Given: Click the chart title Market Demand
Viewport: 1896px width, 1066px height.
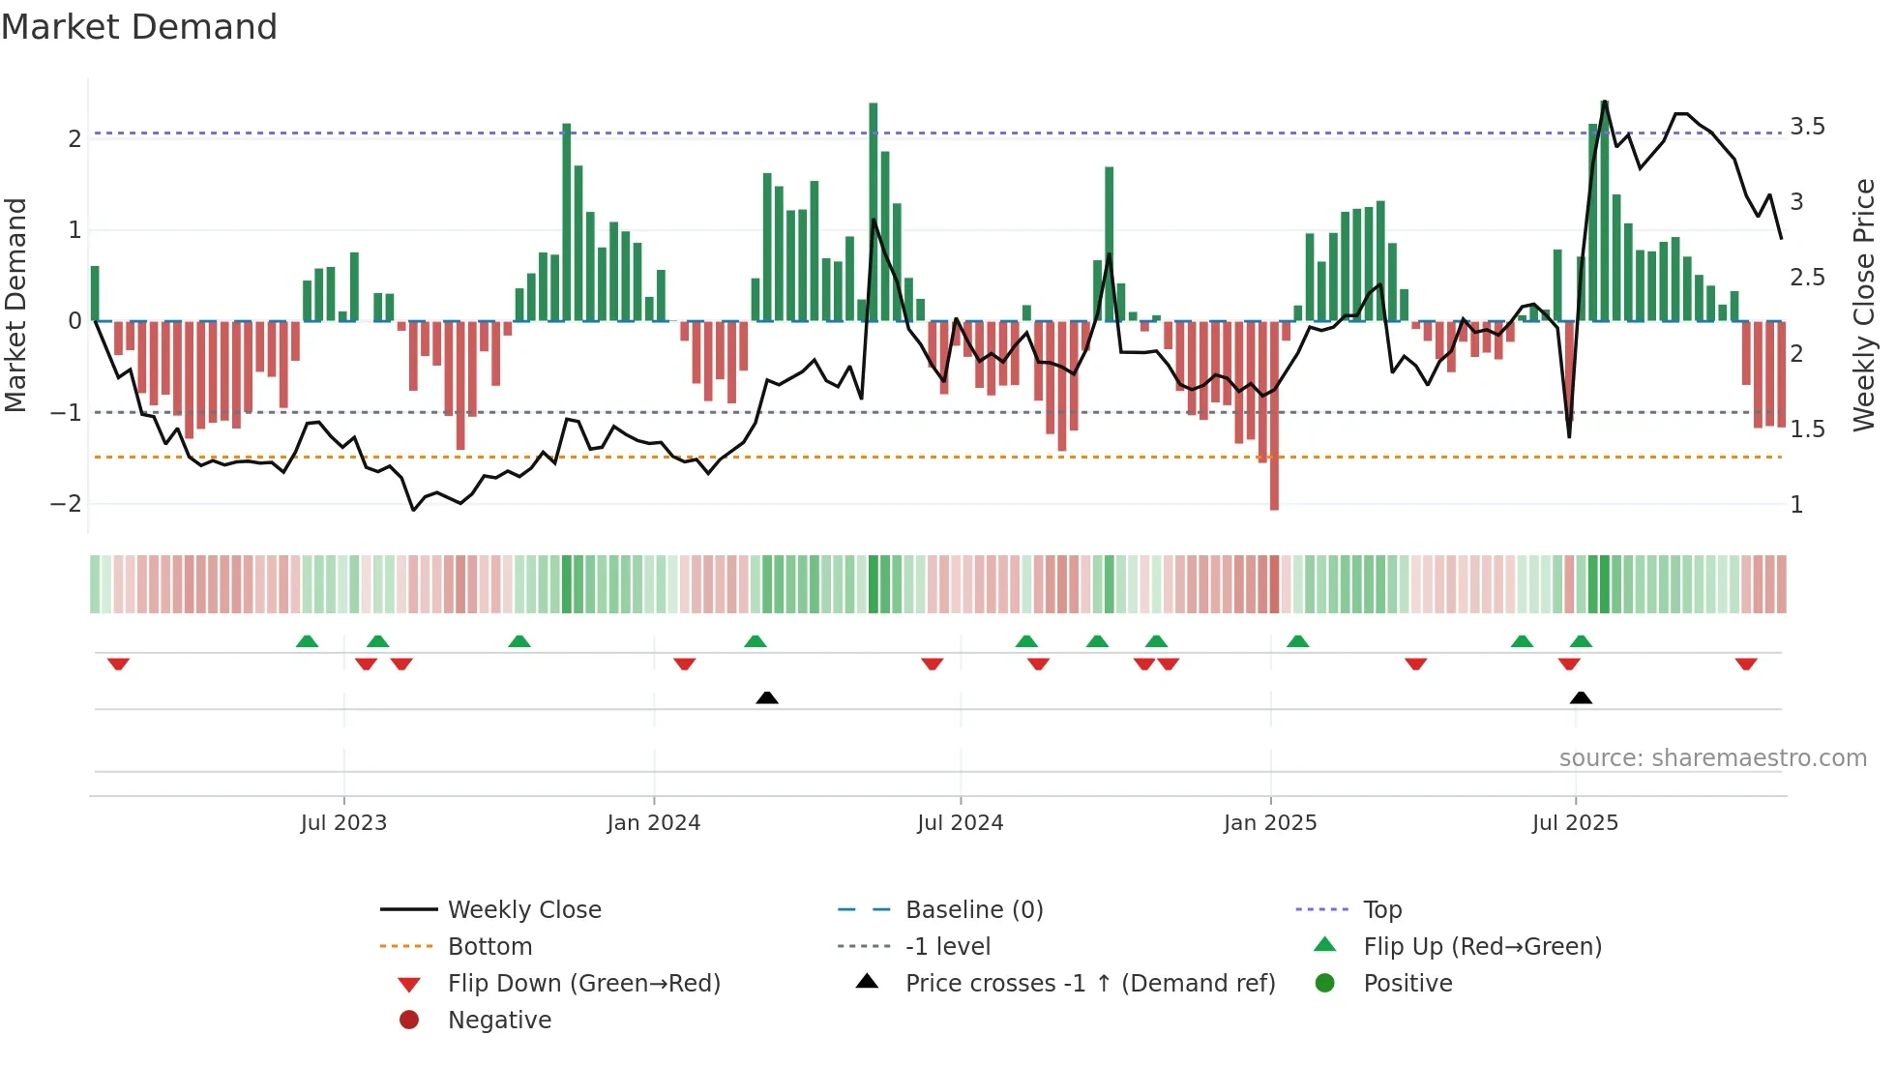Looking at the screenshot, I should click(x=139, y=27).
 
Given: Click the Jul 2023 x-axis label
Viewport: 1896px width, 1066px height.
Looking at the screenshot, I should click(x=343, y=822).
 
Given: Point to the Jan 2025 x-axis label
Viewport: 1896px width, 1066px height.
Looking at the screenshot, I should click(x=1269, y=822).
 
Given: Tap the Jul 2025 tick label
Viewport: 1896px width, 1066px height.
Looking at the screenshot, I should click(x=1575, y=822).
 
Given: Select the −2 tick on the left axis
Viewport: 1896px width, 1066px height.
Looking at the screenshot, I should click(x=66, y=504).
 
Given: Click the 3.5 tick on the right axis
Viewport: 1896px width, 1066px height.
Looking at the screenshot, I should click(x=1807, y=127).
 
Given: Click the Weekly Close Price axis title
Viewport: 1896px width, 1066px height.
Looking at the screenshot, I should click(x=1864, y=305).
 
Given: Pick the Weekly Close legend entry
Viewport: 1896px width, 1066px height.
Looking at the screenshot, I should click(x=523, y=909).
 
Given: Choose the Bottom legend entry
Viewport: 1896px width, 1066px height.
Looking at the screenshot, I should click(x=489, y=946).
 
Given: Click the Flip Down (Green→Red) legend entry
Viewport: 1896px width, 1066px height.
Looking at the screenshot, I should click(x=583, y=983).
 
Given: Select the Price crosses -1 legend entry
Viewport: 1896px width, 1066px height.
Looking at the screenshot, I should click(x=1089, y=983).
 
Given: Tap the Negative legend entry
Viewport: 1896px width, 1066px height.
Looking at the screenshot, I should click(x=499, y=1020).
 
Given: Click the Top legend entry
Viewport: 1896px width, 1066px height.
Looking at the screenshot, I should click(x=1382, y=909).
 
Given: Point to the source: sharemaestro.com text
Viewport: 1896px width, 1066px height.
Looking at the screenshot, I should click(x=1712, y=757).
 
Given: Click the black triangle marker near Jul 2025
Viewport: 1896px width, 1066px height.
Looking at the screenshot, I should click(x=1581, y=697).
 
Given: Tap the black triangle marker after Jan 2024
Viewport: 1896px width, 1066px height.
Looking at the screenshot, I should click(x=766, y=697).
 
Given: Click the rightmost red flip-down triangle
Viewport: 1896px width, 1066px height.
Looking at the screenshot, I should click(x=1746, y=665).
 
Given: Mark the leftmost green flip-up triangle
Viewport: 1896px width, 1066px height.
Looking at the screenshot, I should click(x=307, y=641).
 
